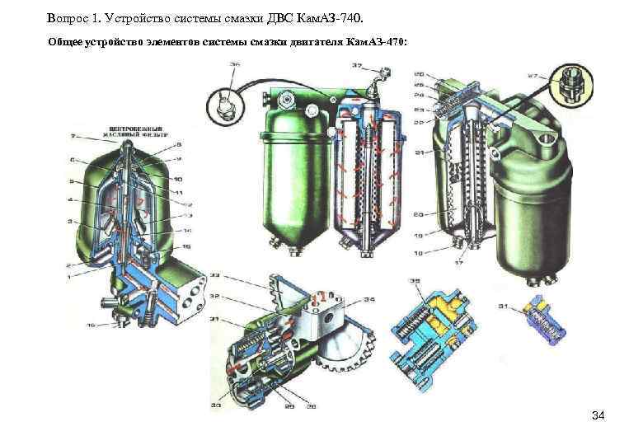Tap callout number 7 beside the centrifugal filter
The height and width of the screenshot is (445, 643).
coord(73,135)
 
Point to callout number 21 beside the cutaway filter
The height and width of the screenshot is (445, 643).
coord(420,152)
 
